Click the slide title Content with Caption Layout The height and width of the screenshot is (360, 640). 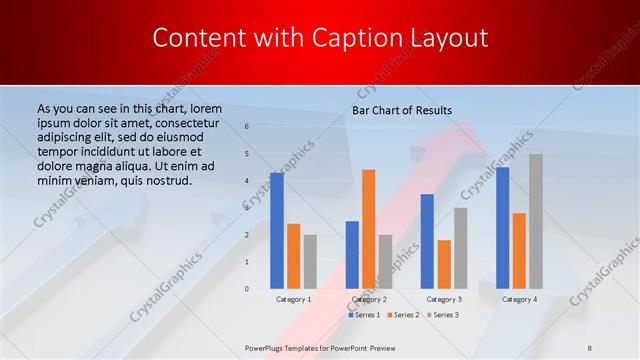[x=320, y=38]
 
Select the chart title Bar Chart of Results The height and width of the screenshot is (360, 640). [x=402, y=110]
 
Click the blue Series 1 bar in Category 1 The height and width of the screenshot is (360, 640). [x=277, y=230]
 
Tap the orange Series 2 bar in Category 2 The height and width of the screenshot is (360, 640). [x=368, y=229]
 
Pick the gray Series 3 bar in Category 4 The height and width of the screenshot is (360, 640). [x=536, y=221]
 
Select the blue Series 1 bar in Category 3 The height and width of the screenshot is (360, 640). [x=427, y=241]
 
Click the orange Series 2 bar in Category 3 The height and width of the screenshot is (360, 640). [x=444, y=264]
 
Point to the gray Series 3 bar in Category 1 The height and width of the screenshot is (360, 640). [x=310, y=261]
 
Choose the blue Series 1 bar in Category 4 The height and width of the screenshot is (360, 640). [x=502, y=227]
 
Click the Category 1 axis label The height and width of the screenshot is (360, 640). [x=294, y=299]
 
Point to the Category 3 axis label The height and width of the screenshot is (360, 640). [x=444, y=299]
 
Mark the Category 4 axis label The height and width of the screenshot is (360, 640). [x=519, y=299]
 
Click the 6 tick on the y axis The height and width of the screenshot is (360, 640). [x=247, y=127]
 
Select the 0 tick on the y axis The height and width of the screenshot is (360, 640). [x=247, y=288]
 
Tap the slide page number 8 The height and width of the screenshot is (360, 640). [x=590, y=346]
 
